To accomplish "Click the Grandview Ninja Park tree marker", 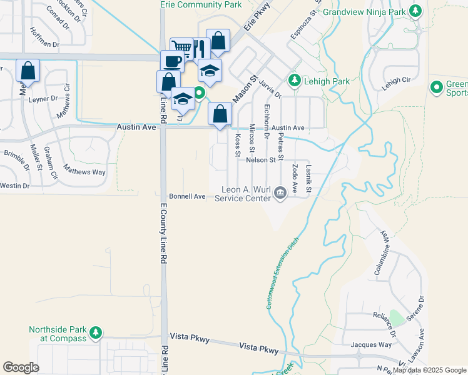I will coord(415,11).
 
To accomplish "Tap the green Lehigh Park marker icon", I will coord(294,81).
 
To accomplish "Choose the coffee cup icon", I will coord(172,61).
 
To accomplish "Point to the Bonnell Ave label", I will coord(187,196).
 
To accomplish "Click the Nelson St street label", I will coord(261,160).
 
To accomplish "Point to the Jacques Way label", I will coord(371,344).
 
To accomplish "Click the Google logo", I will coord(21,367).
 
